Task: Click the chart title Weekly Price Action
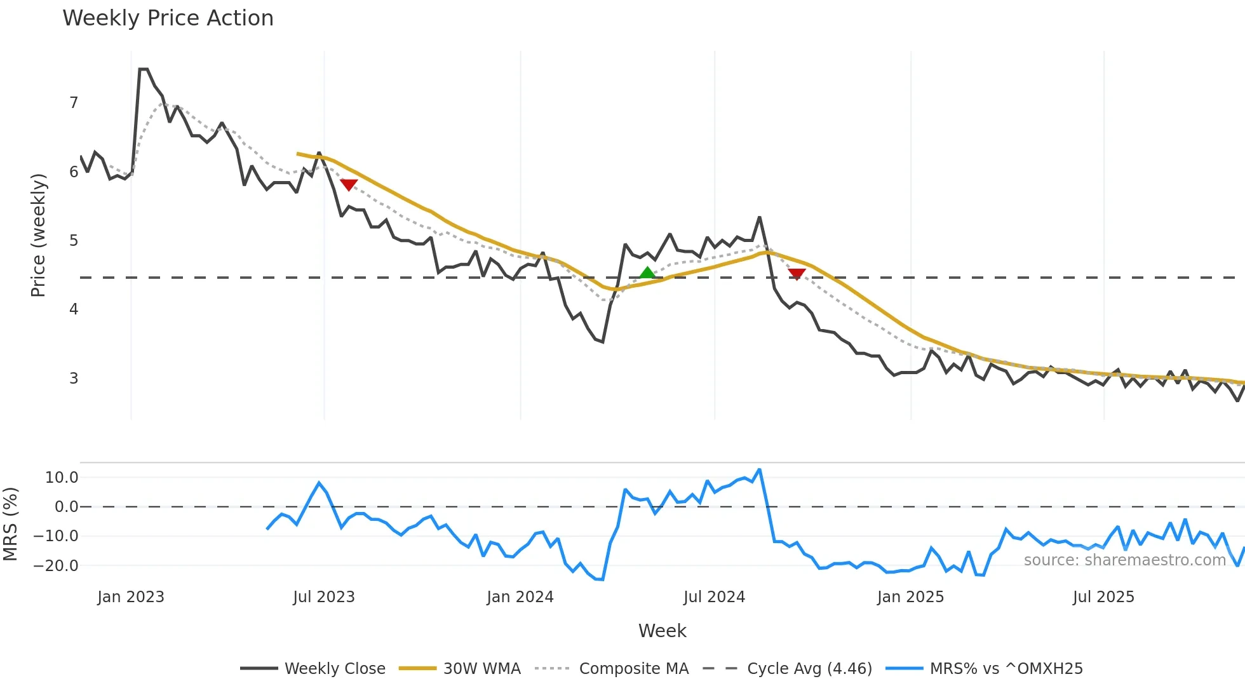[168, 18]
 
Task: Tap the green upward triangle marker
[647, 273]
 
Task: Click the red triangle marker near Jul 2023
[349, 184]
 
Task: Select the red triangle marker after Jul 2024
[797, 274]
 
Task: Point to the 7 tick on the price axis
[74, 103]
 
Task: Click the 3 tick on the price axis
[74, 378]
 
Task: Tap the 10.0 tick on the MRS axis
[62, 478]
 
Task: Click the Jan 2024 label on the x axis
[520, 597]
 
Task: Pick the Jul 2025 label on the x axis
[1103, 597]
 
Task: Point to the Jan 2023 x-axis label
[131, 597]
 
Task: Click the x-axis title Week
[662, 631]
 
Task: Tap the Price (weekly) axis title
[38, 235]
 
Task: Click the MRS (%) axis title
[10, 524]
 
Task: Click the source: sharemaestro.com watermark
[1124, 560]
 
